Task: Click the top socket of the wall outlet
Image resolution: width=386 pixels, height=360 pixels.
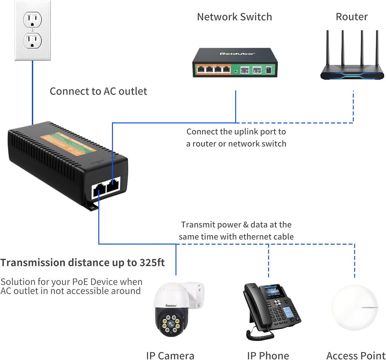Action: [x=32, y=19]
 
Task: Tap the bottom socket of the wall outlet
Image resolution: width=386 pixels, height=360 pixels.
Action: [x=32, y=40]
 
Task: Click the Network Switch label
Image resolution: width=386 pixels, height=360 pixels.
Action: [x=234, y=17]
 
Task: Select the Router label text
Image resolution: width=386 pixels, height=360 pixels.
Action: [x=351, y=17]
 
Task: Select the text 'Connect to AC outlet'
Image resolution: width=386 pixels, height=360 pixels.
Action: [x=98, y=91]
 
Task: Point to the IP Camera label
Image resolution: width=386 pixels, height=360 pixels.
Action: [x=170, y=355]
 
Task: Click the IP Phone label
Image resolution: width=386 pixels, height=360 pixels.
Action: [x=268, y=355]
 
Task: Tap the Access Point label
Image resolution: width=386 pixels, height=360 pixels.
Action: [x=355, y=355]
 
